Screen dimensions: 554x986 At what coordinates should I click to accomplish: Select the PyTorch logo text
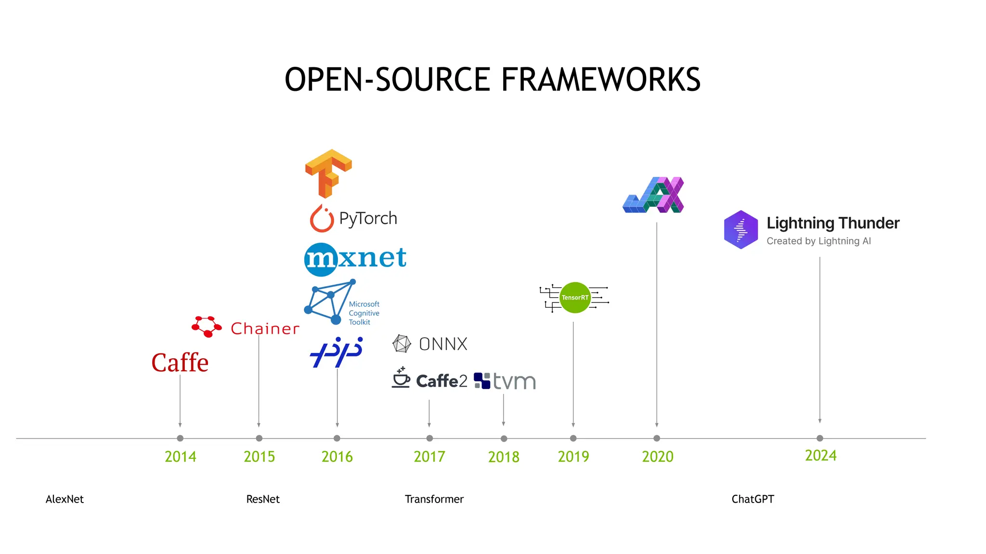tap(368, 219)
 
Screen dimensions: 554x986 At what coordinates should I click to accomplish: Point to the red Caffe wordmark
tap(180, 363)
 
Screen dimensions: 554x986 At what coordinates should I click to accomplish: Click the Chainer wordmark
tap(265, 328)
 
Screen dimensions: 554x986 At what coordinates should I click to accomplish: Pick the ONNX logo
tap(430, 344)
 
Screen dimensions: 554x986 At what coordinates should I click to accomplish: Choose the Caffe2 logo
tap(430, 380)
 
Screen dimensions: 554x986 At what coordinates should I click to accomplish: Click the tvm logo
tap(505, 381)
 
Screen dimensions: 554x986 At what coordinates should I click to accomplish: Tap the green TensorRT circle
tap(575, 298)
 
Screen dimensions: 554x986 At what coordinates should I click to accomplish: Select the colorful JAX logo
tap(654, 195)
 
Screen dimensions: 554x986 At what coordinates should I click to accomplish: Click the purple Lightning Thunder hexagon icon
tap(741, 229)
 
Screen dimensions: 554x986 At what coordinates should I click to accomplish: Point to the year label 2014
tap(181, 456)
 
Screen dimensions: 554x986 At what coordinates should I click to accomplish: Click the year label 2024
tap(821, 455)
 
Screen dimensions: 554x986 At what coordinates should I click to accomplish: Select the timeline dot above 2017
tap(429, 438)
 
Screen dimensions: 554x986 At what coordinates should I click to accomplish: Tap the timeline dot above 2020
tap(657, 438)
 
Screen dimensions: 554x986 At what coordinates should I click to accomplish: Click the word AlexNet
tap(65, 499)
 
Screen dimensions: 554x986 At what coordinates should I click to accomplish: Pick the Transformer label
tap(434, 499)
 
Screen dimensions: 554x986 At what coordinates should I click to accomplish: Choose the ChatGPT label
tap(752, 499)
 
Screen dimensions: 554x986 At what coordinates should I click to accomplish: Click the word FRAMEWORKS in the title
tap(601, 79)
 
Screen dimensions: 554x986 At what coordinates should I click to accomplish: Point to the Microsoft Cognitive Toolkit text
tap(364, 313)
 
